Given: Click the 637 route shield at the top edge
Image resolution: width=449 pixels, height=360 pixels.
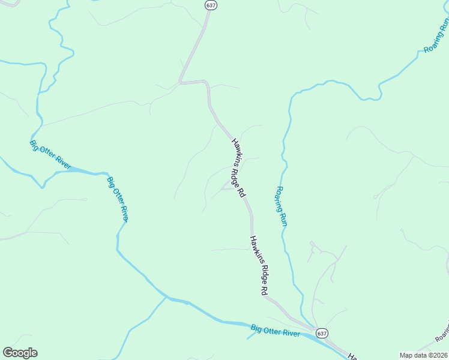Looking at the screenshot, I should tap(210, 5).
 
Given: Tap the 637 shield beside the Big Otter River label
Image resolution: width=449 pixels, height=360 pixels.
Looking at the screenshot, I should tap(322, 333).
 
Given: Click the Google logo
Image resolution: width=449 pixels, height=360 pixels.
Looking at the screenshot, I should tap(20, 353).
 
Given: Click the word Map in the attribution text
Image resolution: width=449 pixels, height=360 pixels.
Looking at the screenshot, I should tap(406, 355).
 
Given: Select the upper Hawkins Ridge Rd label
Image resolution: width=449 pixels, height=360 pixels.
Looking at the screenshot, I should tap(238, 169).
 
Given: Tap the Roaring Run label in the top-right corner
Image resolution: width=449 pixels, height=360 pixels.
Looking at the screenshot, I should tap(436, 37).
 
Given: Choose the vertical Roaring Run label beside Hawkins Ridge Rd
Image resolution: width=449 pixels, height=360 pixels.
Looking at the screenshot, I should tap(282, 206).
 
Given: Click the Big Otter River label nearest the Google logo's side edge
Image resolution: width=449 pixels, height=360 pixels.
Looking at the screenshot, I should tap(50, 154).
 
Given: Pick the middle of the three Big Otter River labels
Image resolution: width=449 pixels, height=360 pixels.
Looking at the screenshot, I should tap(118, 199).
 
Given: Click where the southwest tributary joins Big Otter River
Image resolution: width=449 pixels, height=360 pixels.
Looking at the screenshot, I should tap(166, 296).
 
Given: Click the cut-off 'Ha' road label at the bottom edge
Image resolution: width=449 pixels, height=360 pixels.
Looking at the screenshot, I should tap(353, 356).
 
